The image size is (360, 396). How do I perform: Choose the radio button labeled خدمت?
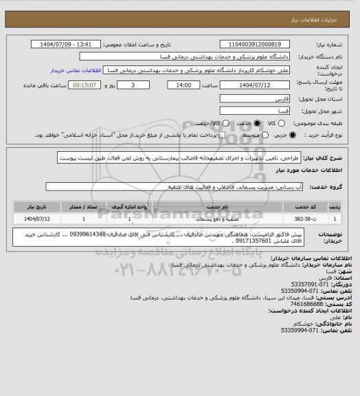point(258,122)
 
